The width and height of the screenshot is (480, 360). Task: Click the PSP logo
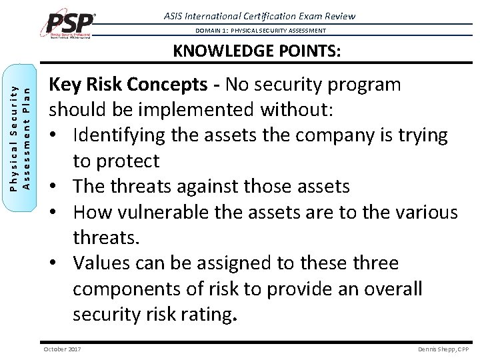point(69,24)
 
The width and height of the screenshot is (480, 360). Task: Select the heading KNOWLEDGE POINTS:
point(257,51)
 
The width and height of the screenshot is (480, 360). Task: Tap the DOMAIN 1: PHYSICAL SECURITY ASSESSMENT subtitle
point(261,31)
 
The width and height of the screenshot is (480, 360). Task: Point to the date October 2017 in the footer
point(62,349)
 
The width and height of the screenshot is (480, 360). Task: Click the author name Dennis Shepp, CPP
point(443,349)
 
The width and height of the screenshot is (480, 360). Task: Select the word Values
point(103,263)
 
